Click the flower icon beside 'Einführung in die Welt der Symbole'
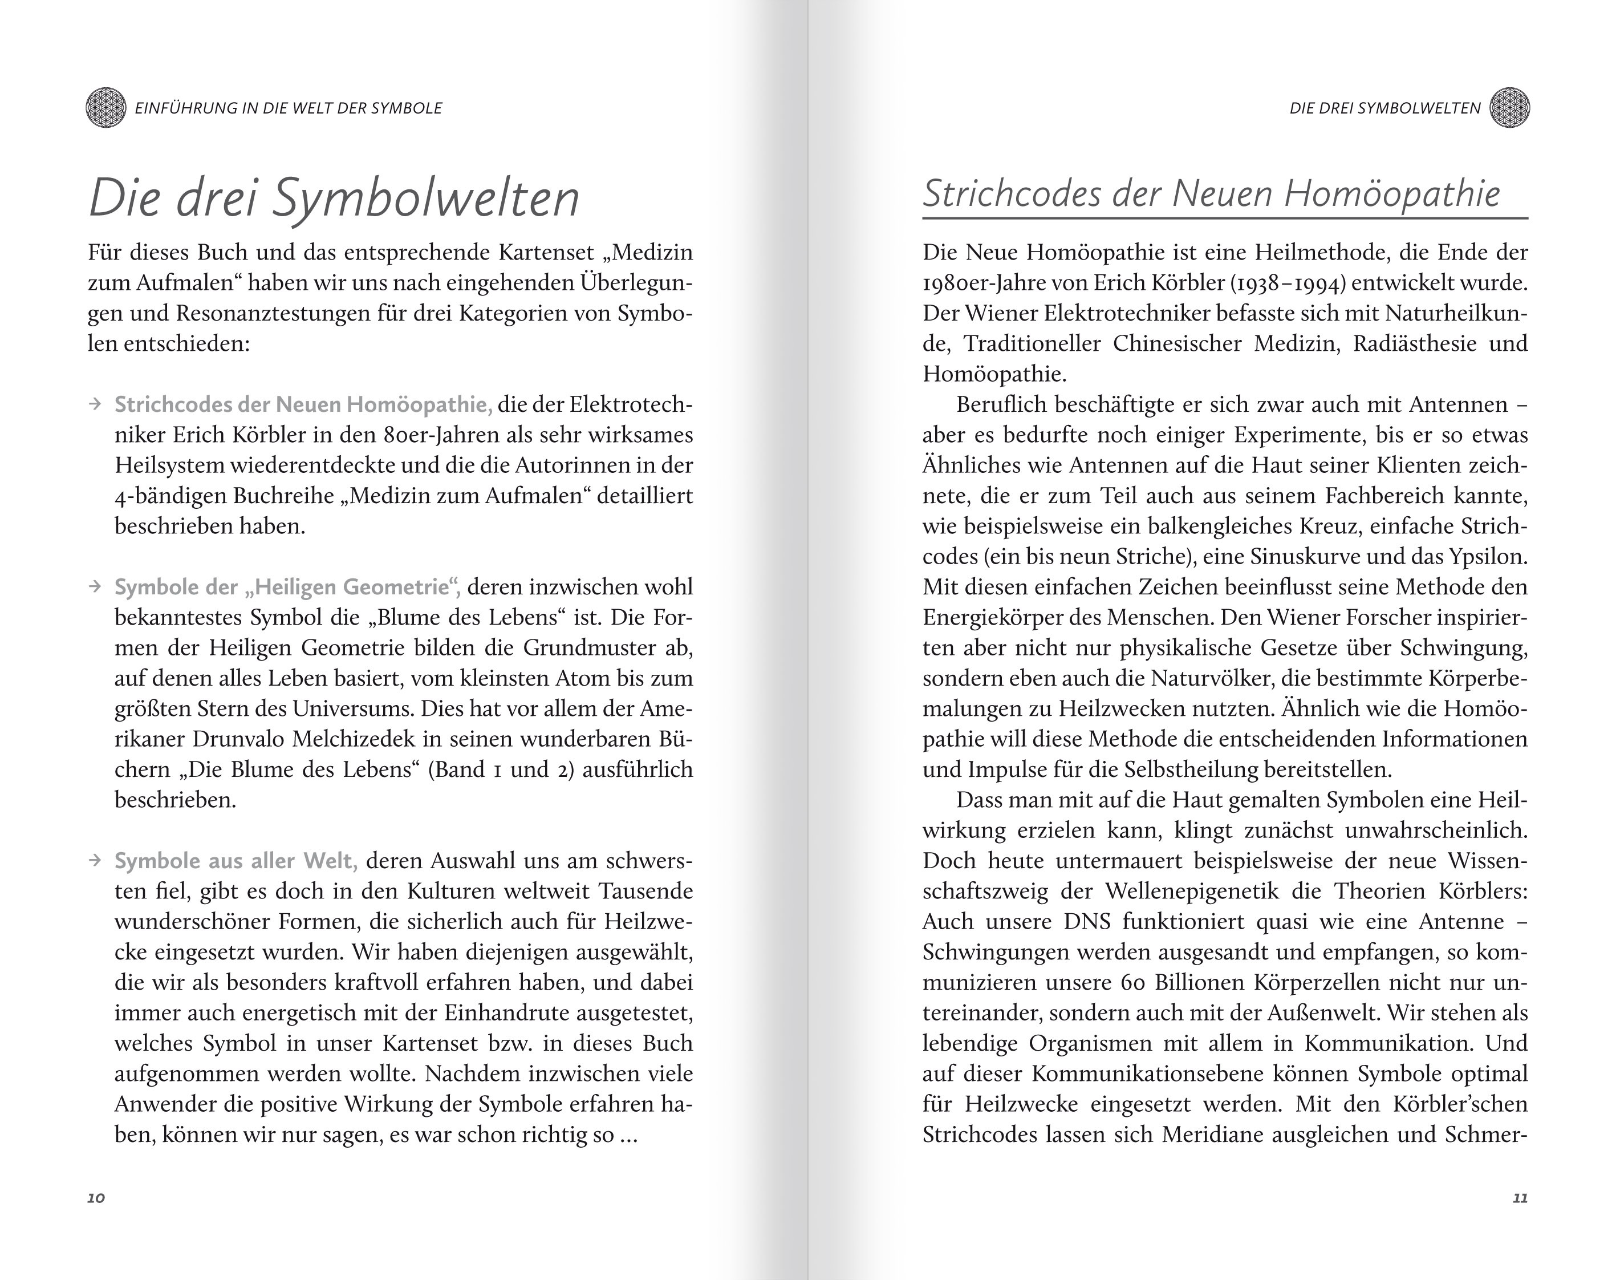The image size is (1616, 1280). pyautogui.click(x=105, y=108)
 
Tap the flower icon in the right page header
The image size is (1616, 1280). pyautogui.click(x=1509, y=108)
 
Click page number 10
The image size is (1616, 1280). pyautogui.click(x=96, y=1197)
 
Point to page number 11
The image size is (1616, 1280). pyautogui.click(x=1520, y=1197)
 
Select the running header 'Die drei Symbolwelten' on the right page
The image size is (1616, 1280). pyautogui.click(x=1384, y=108)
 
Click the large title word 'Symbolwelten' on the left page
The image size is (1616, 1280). pyautogui.click(x=425, y=199)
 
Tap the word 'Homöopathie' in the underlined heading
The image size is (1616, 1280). pyautogui.click(x=1392, y=193)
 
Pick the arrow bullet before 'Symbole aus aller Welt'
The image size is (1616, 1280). pyautogui.click(x=95, y=860)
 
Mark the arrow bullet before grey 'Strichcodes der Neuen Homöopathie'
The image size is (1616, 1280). pyautogui.click(x=95, y=404)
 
